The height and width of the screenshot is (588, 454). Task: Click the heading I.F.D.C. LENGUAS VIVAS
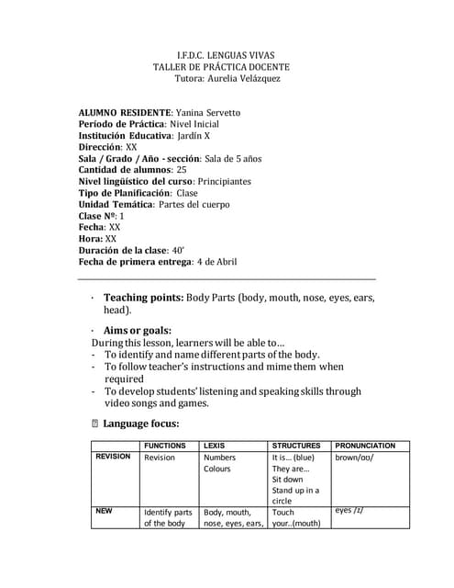225,55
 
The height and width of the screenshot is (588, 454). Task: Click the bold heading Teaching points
142,298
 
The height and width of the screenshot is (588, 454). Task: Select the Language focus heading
141,424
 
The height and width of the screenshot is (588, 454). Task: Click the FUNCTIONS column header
165,446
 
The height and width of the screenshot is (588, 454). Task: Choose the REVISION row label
113,457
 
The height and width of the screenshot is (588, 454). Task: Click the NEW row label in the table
105,510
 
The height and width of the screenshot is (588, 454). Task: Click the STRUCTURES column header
296,446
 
